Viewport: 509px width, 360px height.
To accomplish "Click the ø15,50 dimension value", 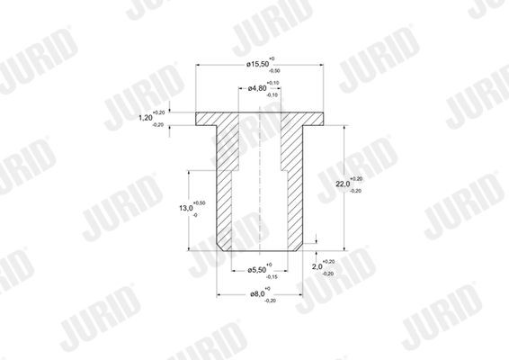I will coord(256,65).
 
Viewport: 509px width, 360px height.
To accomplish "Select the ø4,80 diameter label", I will coord(254,89).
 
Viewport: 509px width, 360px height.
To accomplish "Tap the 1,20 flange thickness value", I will coord(145,117).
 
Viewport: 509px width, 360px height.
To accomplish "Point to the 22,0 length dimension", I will coord(342,184).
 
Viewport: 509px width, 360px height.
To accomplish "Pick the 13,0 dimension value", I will coord(186,208).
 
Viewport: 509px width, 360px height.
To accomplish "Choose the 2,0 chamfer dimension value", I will coord(316,267).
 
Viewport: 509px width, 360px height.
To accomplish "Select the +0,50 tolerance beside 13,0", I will coord(200,202).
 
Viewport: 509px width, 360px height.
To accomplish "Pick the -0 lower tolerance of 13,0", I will coord(195,214).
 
